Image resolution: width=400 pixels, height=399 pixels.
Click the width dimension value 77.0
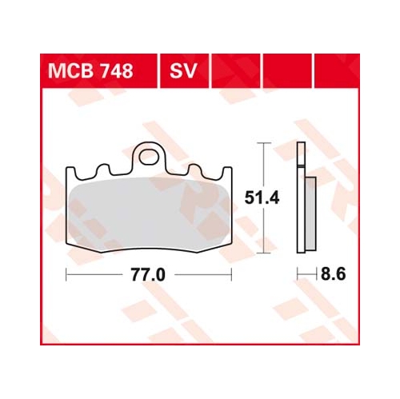tap(148, 274)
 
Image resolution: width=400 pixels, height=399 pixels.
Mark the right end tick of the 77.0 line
tap(232, 274)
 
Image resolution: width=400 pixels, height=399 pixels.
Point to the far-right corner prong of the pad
tap(229, 171)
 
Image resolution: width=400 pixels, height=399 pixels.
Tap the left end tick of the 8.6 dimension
tap(298, 274)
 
